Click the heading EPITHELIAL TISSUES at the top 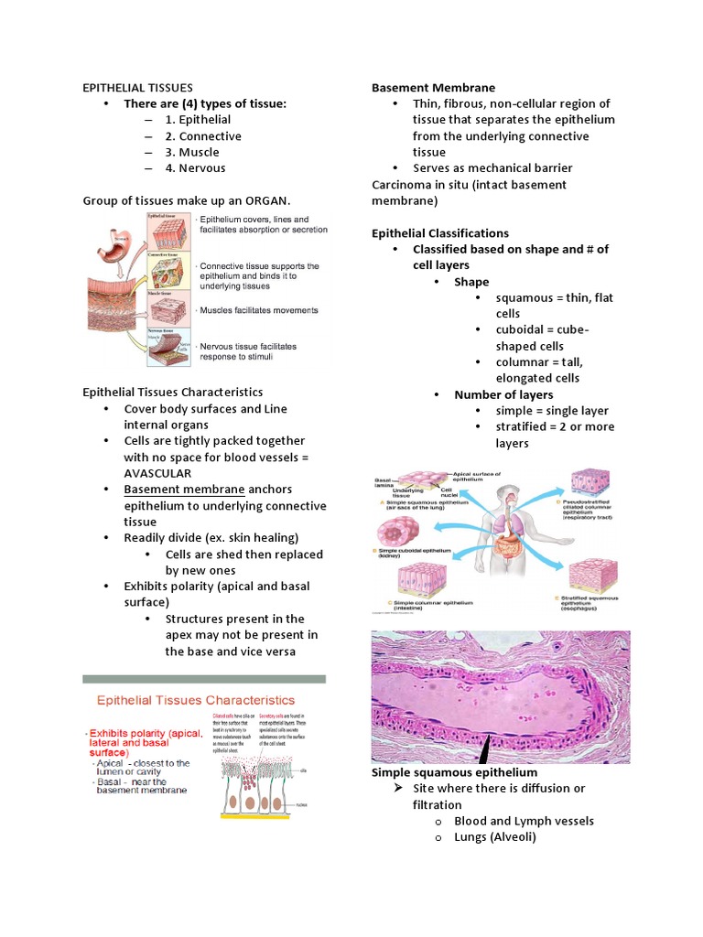coord(137,88)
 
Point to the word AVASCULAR coord(157,473)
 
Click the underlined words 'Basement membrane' coord(184,490)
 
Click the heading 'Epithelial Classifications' coord(440,233)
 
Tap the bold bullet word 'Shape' coord(471,282)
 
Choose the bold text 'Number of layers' coord(503,394)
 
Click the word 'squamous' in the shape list coord(523,298)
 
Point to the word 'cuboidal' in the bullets coord(521,330)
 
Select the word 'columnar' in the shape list coord(525,362)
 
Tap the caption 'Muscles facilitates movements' coord(259,310)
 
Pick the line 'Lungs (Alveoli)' coord(494,837)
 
